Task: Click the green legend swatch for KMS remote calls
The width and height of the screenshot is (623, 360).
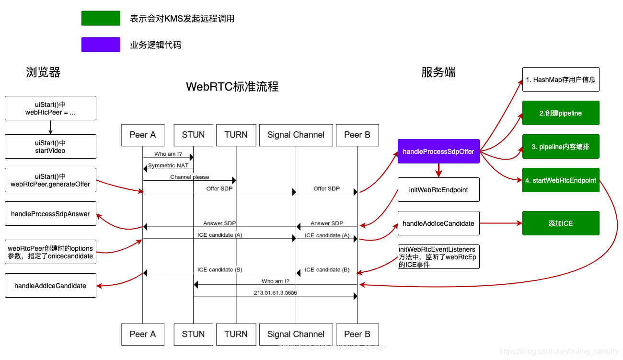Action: pos(101,18)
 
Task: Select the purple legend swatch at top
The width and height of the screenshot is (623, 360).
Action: pos(101,45)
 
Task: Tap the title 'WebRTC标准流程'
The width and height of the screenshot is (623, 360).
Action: pos(232,87)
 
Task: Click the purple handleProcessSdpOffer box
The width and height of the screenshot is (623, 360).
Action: pos(438,151)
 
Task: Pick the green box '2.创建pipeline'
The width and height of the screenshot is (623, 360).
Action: pos(561,113)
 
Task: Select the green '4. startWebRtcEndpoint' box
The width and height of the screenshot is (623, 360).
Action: pos(561,180)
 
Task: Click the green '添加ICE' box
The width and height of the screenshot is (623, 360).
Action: pos(561,223)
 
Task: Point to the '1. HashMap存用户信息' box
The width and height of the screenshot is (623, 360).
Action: pos(561,80)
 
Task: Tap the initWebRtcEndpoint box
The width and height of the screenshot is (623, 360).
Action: pos(438,190)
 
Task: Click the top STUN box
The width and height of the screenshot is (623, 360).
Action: pos(193,135)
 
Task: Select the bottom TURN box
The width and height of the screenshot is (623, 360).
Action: pos(236,334)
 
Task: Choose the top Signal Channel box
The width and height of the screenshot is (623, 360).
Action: pos(296,135)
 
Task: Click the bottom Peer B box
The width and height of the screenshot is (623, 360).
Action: pos(357,334)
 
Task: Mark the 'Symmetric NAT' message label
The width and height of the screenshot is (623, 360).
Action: pos(168,165)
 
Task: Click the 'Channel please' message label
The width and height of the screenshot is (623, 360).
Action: pos(190,177)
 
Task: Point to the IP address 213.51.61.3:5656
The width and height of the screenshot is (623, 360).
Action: pos(276,292)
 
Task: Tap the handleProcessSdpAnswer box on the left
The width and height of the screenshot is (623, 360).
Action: pos(50,214)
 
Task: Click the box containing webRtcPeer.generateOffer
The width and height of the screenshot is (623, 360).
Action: pos(50,180)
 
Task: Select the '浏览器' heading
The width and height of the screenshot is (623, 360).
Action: pos(43,72)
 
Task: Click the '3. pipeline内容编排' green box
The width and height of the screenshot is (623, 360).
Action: pos(561,147)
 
